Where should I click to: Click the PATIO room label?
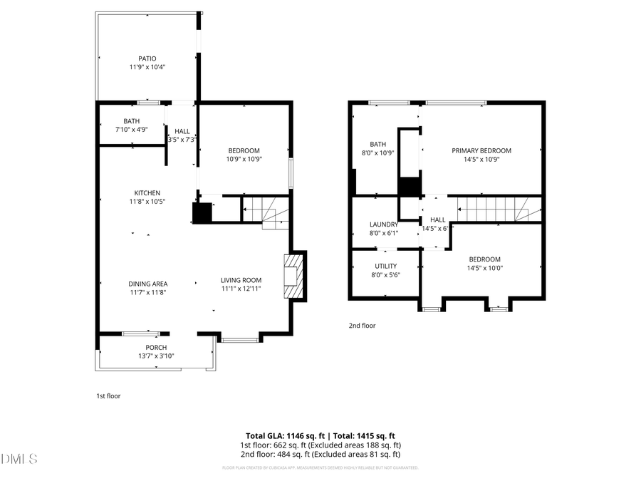(x=147, y=58)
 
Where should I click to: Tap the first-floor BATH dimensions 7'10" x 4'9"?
(x=132, y=130)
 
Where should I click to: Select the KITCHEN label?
(x=147, y=193)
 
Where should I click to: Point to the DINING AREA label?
(x=148, y=284)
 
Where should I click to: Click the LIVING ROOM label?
(x=241, y=280)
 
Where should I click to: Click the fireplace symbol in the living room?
(x=293, y=276)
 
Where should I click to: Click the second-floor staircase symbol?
(x=499, y=209)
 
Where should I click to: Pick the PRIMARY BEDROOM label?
(x=482, y=150)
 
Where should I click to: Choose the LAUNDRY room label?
(x=383, y=224)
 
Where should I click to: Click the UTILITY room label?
(x=386, y=267)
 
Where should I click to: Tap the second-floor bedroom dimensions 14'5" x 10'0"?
(x=484, y=269)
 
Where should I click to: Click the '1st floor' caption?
(x=108, y=395)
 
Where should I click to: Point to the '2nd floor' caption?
(x=362, y=326)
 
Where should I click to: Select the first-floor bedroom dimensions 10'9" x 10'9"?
(x=244, y=159)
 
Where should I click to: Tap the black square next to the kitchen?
(x=202, y=213)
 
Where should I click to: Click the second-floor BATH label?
(x=377, y=144)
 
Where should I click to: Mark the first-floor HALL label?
(x=182, y=131)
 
